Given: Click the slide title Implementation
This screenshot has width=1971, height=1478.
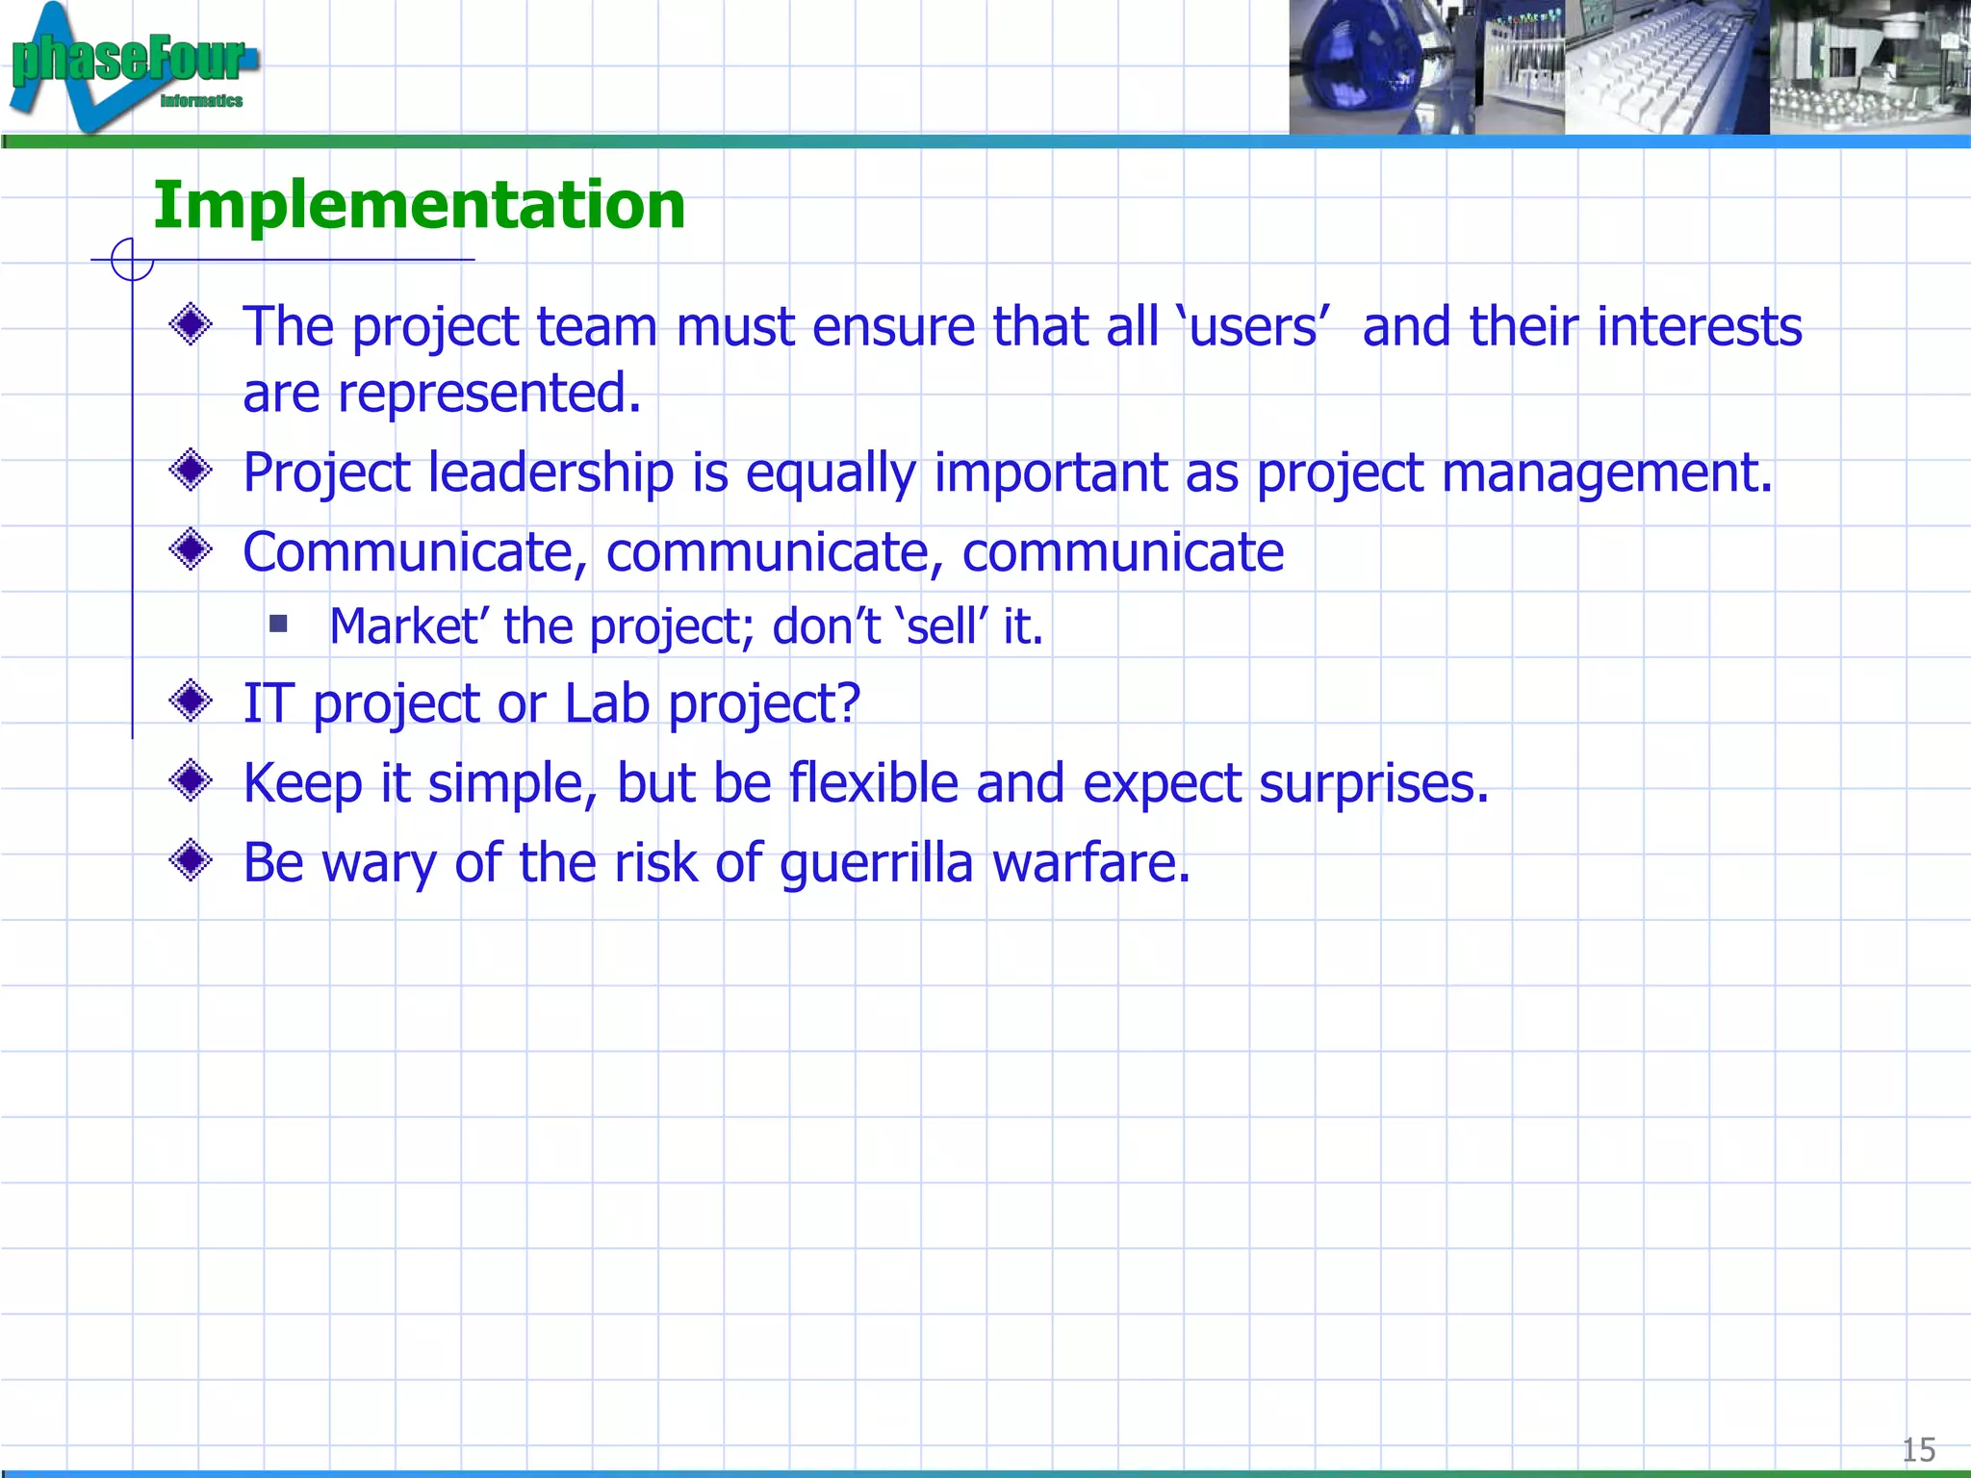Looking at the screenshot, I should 419,205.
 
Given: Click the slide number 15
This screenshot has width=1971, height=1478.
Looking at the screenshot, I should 1918,1449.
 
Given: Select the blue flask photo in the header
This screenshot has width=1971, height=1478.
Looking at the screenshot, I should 1381,67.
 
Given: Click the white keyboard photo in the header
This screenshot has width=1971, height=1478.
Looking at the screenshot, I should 1666,67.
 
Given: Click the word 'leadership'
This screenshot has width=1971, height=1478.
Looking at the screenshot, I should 550,473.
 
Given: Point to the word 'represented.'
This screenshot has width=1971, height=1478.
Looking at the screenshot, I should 489,395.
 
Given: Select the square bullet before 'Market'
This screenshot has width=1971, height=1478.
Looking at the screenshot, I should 279,624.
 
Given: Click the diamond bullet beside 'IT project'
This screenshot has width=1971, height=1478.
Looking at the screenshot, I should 191,701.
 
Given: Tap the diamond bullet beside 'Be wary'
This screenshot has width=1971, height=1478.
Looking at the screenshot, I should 191,860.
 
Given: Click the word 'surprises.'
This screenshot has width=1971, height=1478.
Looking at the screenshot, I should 1373,784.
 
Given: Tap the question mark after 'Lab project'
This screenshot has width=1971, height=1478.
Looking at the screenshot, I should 848,702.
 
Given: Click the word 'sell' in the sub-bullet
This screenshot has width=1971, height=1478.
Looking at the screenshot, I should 942,627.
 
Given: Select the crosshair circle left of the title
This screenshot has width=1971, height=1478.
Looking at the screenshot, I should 132,260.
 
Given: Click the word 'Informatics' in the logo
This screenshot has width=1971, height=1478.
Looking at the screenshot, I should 201,101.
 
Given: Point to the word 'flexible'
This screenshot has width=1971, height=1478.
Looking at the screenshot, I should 873,782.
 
